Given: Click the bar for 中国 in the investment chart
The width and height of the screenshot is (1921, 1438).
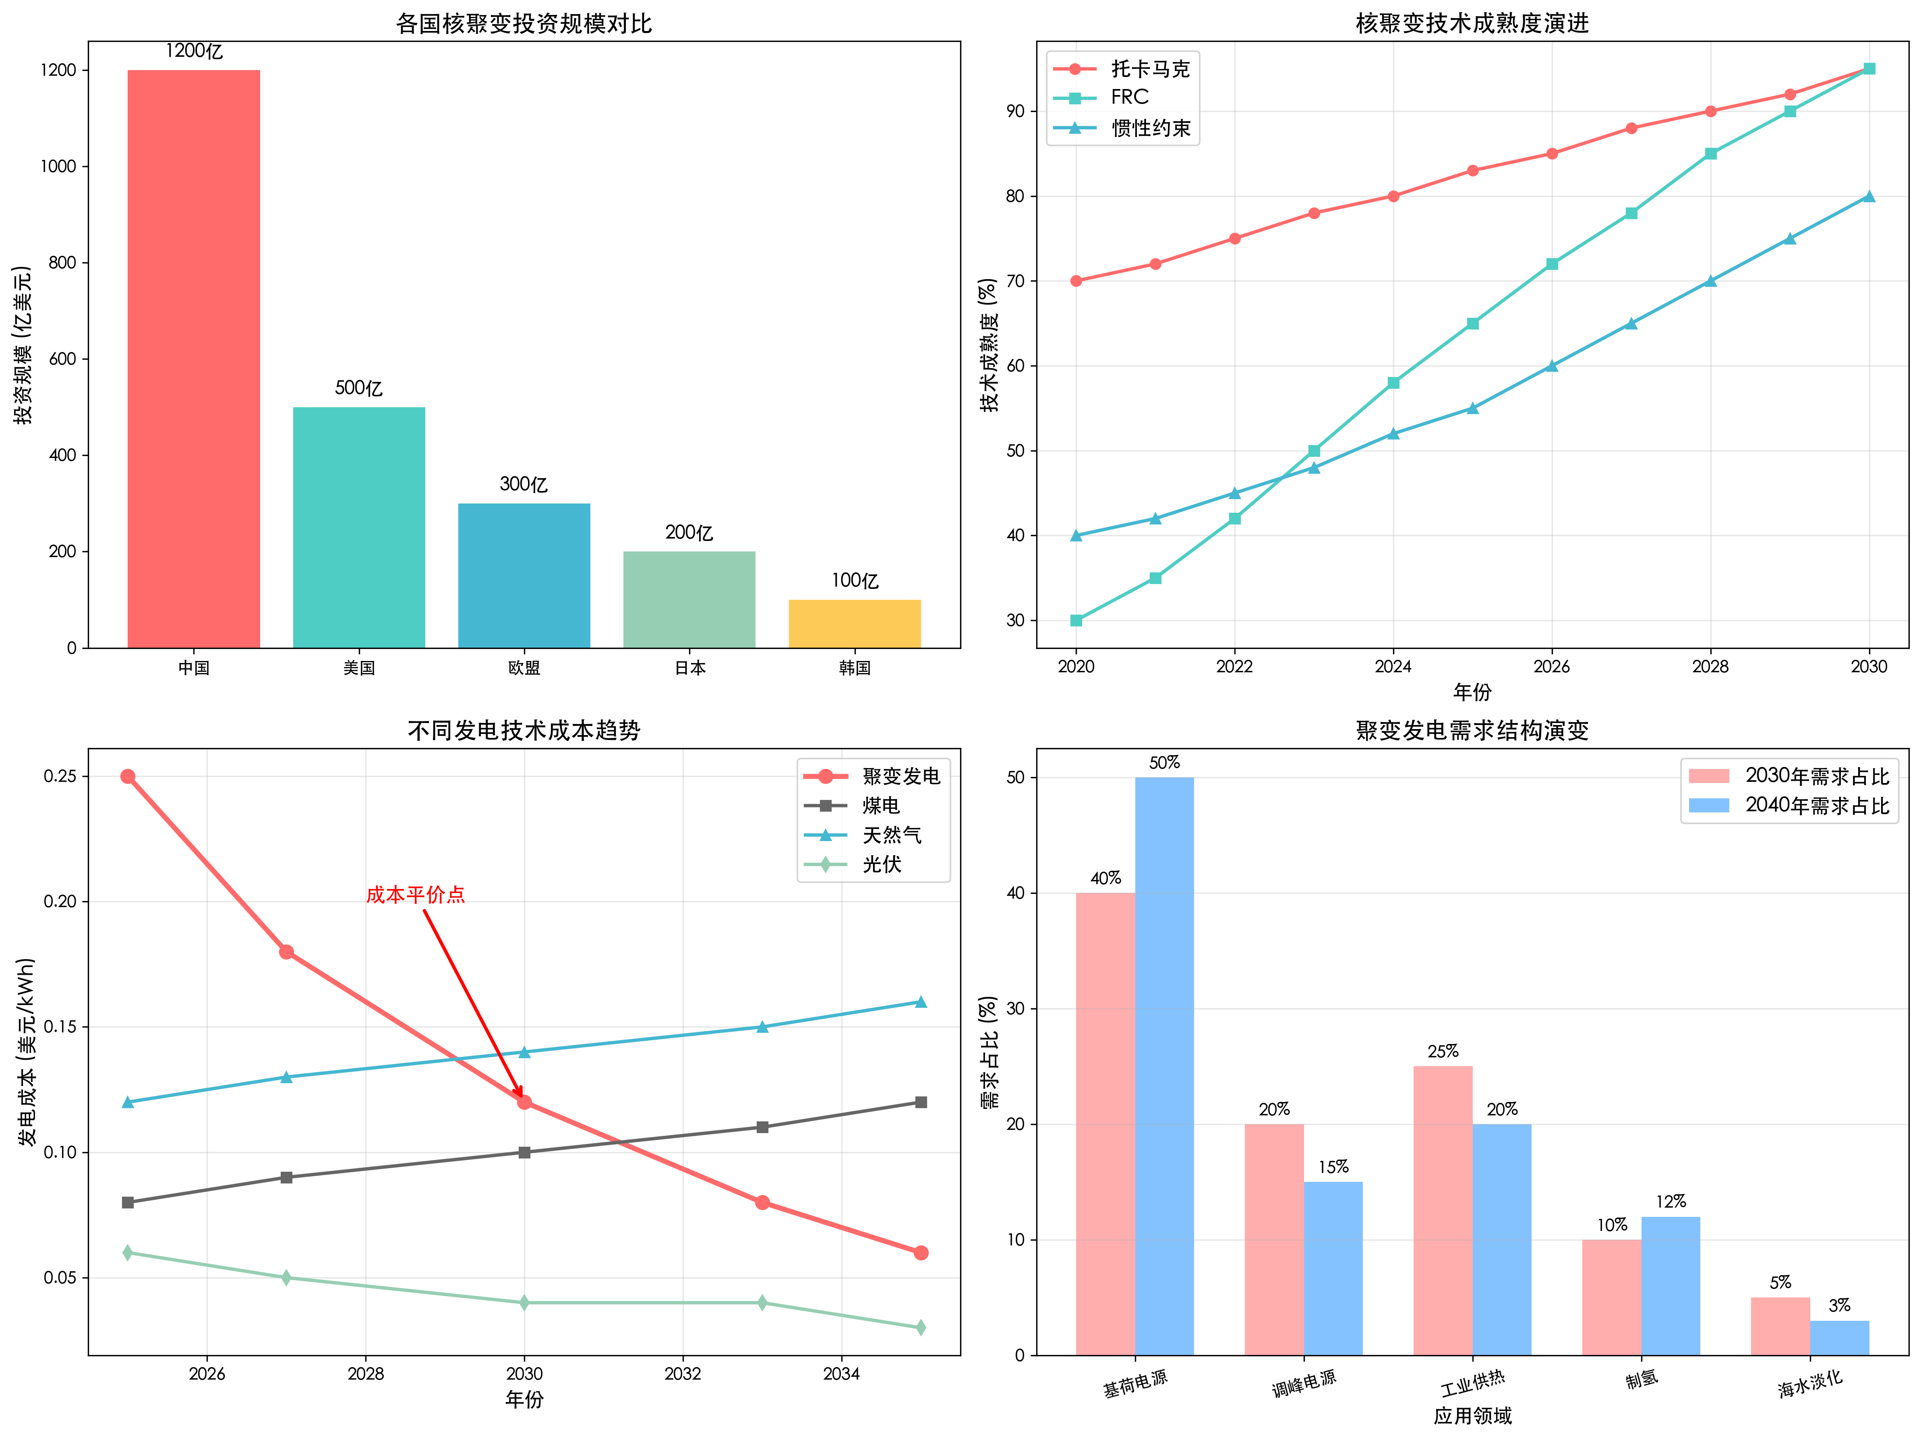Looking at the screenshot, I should [194, 358].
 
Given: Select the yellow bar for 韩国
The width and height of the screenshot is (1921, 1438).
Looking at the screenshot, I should [855, 624].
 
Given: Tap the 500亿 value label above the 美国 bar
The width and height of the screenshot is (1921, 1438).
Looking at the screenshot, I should [359, 388].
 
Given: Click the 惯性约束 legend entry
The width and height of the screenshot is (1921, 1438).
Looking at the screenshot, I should [1150, 128].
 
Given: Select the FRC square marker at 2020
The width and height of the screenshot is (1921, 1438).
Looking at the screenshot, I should [1076, 620].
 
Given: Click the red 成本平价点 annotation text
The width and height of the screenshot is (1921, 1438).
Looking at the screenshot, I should [415, 894].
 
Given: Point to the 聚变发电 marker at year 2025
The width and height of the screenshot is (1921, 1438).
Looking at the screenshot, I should [128, 776].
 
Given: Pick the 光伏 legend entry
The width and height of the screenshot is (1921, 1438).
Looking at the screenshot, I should [882, 864].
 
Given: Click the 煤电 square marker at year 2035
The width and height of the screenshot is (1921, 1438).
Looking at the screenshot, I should [921, 1102].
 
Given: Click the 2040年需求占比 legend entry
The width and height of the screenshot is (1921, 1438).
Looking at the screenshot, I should [1817, 805].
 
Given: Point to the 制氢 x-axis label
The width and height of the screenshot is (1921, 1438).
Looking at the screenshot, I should [1642, 1379].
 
